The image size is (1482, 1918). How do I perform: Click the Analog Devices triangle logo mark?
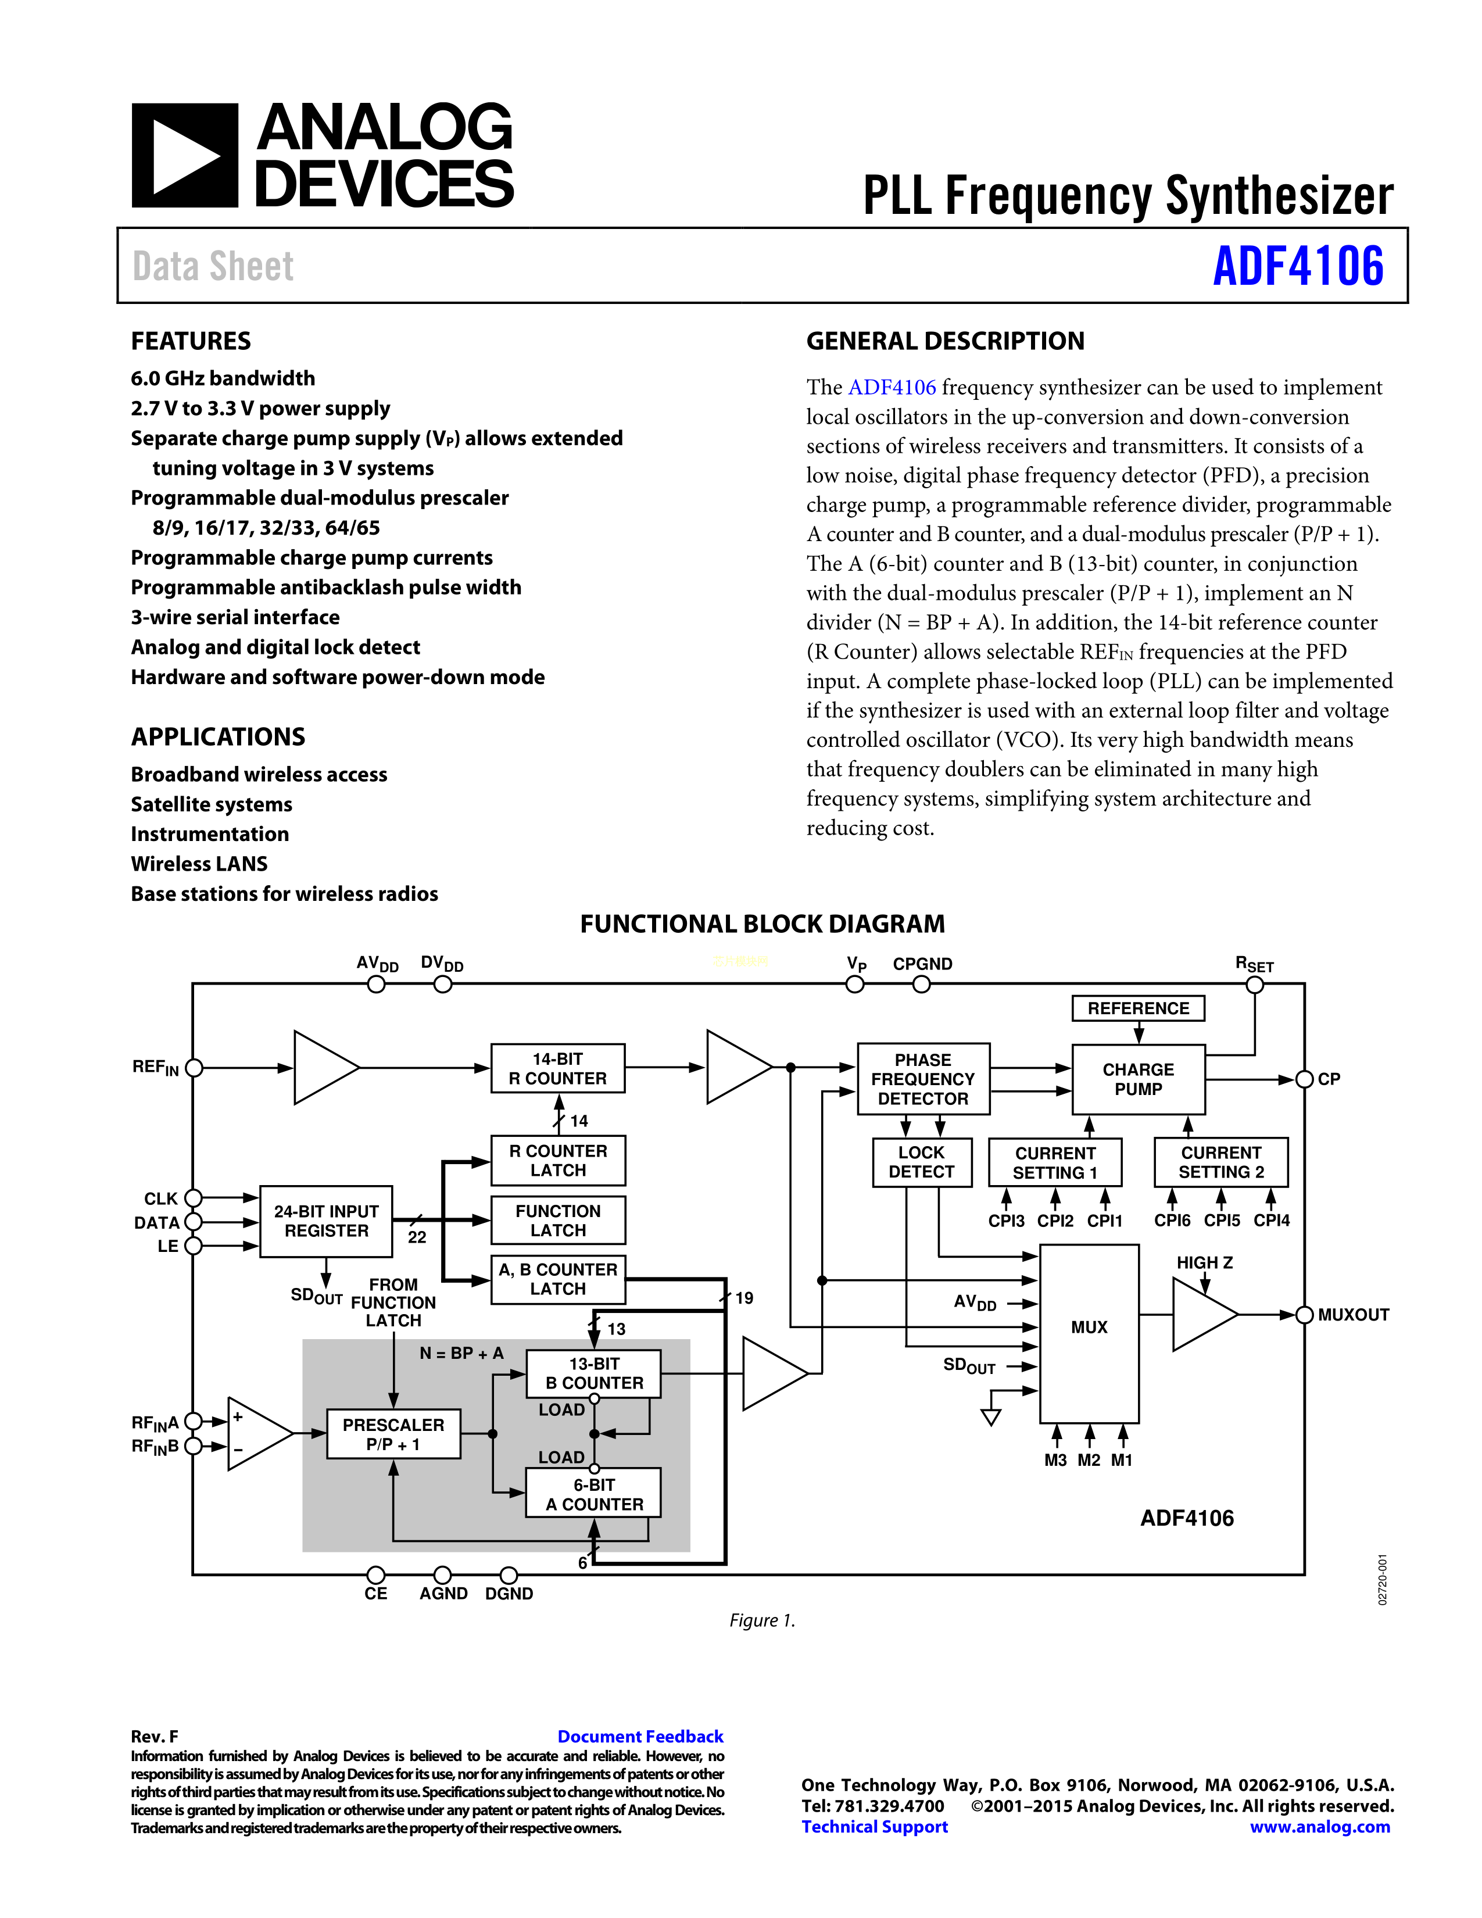(x=184, y=155)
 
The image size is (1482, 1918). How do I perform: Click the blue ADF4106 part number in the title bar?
(x=1298, y=266)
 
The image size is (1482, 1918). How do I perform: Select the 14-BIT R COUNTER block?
(x=557, y=1068)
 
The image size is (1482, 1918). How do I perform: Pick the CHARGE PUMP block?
(x=1138, y=1079)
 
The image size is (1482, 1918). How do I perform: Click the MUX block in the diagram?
(x=1089, y=1327)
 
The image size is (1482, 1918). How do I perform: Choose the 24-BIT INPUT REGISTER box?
(x=325, y=1221)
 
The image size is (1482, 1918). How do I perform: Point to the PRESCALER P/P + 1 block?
(x=393, y=1434)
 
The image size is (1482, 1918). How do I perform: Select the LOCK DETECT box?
(x=921, y=1162)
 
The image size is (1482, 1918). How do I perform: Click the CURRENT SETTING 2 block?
(x=1220, y=1162)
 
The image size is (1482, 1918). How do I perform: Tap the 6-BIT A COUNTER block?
(x=593, y=1494)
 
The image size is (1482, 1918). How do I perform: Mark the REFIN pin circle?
(x=194, y=1068)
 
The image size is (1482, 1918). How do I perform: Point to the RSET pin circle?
(x=1255, y=985)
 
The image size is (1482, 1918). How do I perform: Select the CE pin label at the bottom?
(x=376, y=1593)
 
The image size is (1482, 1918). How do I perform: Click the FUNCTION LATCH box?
(x=557, y=1221)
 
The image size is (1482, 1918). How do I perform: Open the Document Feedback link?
(x=640, y=1736)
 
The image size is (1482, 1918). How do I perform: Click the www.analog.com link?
(x=1320, y=1827)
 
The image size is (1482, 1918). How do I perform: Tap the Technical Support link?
(x=875, y=1827)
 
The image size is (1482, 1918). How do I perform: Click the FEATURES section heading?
(x=191, y=341)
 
